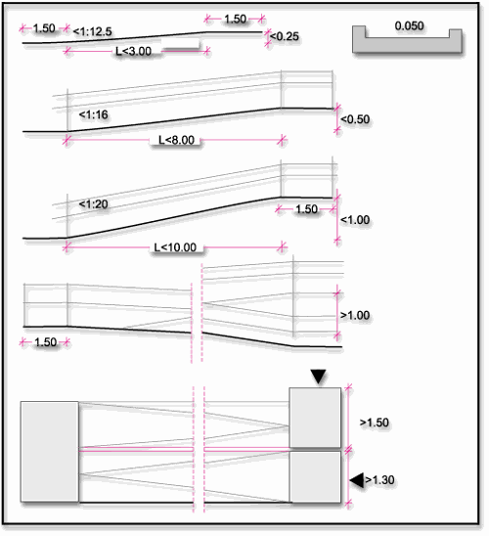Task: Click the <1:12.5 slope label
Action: click(x=92, y=32)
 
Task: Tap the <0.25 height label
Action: click(x=285, y=36)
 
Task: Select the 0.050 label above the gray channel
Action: click(x=409, y=25)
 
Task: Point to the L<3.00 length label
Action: click(x=134, y=51)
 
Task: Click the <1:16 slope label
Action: click(x=93, y=114)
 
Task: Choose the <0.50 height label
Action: click(x=355, y=119)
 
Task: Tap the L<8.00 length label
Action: click(x=176, y=140)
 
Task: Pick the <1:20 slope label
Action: click(x=93, y=204)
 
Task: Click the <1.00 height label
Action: click(x=355, y=220)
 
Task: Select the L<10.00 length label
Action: click(x=175, y=247)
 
